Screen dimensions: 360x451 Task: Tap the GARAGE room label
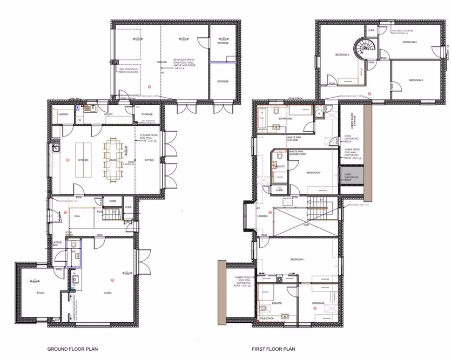162,62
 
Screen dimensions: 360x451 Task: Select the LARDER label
63,114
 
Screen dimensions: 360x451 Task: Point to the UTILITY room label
108,114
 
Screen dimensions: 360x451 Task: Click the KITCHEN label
83,160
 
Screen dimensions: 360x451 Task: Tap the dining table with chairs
114,160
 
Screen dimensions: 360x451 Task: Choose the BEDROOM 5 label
415,80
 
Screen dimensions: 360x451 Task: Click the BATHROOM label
285,118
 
